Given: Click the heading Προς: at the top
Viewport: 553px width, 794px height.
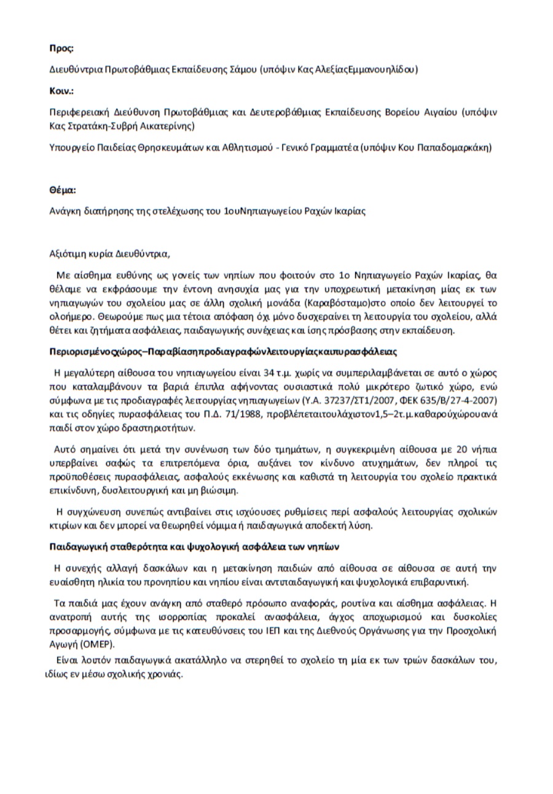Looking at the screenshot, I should coord(61,47).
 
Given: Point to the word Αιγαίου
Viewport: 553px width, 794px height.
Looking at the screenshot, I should coord(440,113).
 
